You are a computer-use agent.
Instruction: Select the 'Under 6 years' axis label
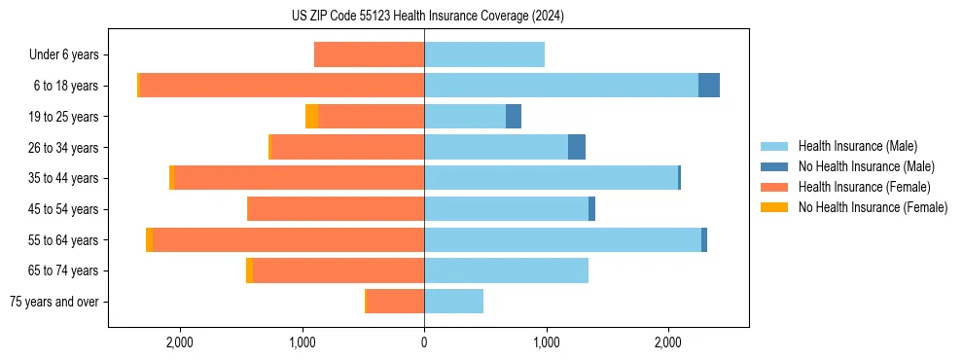point(63,55)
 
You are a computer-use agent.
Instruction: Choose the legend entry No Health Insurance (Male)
point(866,166)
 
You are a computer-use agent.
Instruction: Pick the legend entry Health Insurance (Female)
point(864,187)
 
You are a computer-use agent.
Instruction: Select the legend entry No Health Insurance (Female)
point(873,207)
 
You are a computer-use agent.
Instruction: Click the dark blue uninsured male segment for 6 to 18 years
point(709,86)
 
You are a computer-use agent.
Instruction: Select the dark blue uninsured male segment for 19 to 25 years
point(514,117)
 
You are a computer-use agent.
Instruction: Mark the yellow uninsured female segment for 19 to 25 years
point(311,117)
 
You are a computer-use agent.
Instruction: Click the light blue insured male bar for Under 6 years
point(484,55)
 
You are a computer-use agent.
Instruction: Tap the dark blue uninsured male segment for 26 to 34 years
point(577,148)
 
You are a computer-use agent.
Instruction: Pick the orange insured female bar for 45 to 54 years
point(336,209)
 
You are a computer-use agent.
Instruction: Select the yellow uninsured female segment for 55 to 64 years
point(149,240)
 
